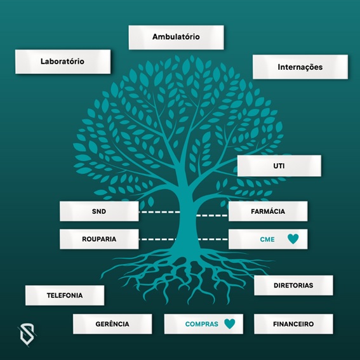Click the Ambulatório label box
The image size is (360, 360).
click(176, 37)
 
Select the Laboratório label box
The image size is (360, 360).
click(63, 62)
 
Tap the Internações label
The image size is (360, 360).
click(300, 67)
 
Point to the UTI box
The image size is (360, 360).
click(279, 166)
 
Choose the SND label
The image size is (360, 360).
click(99, 211)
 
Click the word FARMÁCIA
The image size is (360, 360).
click(268, 211)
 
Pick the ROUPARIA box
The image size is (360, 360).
click(99, 239)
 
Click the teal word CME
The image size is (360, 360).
click(267, 239)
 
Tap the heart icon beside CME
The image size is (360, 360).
click(293, 239)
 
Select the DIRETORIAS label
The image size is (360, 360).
click(293, 285)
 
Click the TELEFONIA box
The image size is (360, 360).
click(65, 295)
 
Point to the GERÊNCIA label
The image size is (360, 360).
click(112, 324)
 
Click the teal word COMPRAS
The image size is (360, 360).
click(201, 324)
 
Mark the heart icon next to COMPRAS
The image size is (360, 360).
click(230, 324)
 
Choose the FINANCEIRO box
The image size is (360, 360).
click(293, 324)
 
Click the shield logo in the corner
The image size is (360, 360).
click(27, 335)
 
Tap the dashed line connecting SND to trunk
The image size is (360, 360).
click(159, 212)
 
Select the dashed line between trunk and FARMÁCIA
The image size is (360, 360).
click(211, 216)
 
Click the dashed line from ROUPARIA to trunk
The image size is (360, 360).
click(157, 239)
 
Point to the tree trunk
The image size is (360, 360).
click(185, 220)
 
